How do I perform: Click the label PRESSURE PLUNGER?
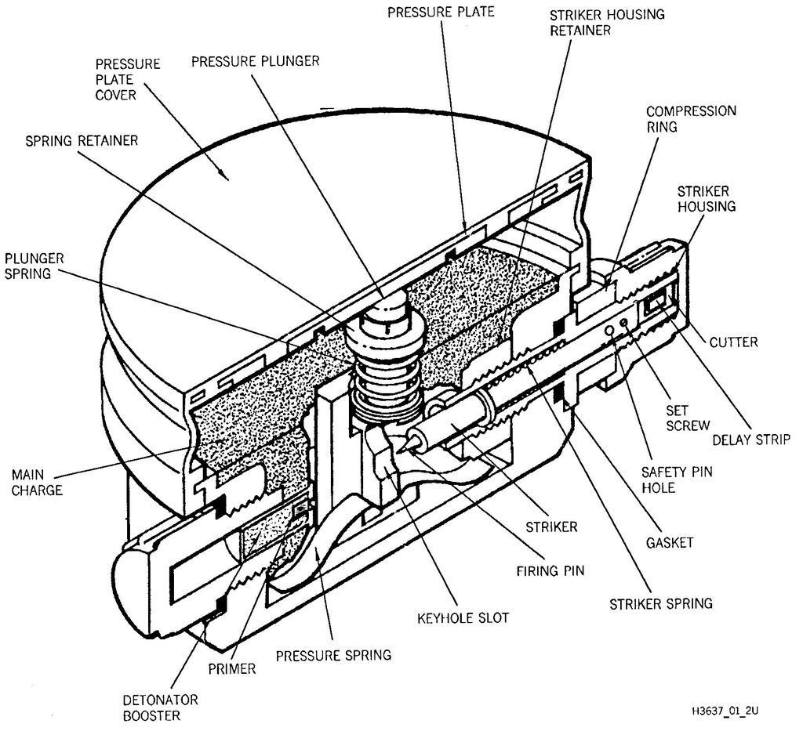255,61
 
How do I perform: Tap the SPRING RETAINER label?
82,141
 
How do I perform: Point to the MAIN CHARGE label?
37,483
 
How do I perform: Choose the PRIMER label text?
231,668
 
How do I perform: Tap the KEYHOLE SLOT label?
463,618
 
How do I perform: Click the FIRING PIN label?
550,571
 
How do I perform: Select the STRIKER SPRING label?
660,604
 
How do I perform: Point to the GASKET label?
670,543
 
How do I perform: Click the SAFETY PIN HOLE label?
677,479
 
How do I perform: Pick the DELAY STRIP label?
751,440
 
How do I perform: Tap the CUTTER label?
733,342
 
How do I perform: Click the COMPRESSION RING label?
691,118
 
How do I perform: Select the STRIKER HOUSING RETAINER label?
607,22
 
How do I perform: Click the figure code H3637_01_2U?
725,711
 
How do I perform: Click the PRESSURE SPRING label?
333,655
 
